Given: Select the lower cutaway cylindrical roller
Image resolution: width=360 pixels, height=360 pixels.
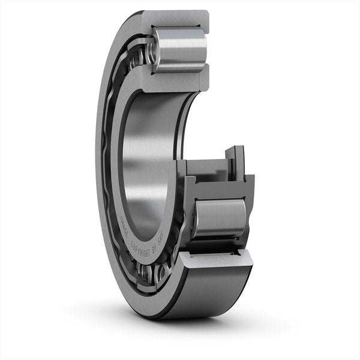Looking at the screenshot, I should [219, 219].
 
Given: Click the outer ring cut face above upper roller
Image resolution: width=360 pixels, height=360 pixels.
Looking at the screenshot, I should [174, 18].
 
